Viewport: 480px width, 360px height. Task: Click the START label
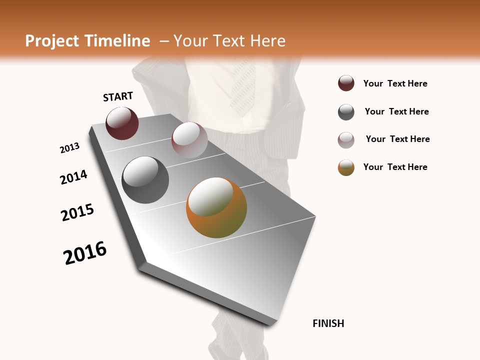pyautogui.click(x=118, y=96)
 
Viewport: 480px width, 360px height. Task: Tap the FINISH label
pyautogui.click(x=328, y=323)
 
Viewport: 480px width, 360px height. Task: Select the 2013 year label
pyautogui.click(x=69, y=148)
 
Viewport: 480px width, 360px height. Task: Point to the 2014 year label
pyautogui.click(x=73, y=177)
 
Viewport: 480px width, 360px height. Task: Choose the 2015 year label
pyautogui.click(x=77, y=212)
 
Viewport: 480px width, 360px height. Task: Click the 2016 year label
pyautogui.click(x=85, y=253)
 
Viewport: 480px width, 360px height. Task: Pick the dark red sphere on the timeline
pyautogui.click(x=122, y=123)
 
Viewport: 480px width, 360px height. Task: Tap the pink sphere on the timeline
pyautogui.click(x=189, y=140)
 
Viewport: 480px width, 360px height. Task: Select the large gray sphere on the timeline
pyautogui.click(x=145, y=180)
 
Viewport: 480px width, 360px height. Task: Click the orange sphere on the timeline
pyautogui.click(x=216, y=208)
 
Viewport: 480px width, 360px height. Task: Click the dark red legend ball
pyautogui.click(x=346, y=83)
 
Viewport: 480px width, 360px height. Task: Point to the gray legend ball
pyautogui.click(x=346, y=112)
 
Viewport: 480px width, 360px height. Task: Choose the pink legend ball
pyautogui.click(x=346, y=140)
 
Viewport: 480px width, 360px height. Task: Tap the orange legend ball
pyautogui.click(x=346, y=167)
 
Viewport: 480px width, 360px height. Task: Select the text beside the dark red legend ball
pyautogui.click(x=395, y=83)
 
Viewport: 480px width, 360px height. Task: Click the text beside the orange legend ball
pyautogui.click(x=395, y=167)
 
